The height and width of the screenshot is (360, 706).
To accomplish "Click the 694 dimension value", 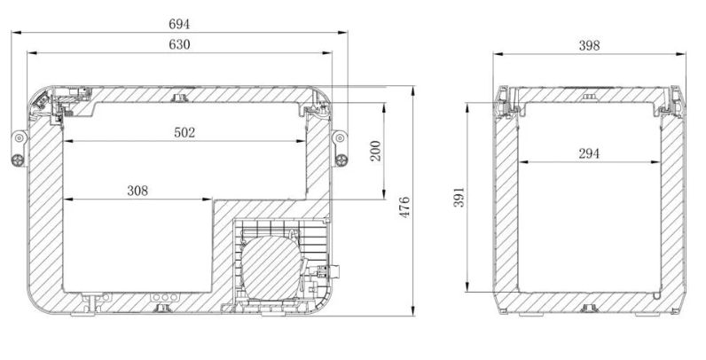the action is pyautogui.click(x=179, y=24).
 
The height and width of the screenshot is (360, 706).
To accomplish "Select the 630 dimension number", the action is pyautogui.click(x=179, y=44).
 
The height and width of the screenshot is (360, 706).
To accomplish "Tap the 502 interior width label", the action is pyautogui.click(x=184, y=132).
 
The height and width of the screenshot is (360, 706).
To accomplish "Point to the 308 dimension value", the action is pyautogui.click(x=137, y=191).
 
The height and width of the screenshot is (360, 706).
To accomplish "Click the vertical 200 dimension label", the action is pyautogui.click(x=375, y=151).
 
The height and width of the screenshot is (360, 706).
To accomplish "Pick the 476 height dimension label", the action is pyautogui.click(x=404, y=207).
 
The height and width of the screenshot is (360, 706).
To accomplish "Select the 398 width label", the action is pyautogui.click(x=590, y=45).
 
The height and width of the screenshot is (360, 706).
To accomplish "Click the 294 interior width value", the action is pyautogui.click(x=589, y=153).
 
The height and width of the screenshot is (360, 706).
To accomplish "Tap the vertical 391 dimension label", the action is pyautogui.click(x=459, y=197).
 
